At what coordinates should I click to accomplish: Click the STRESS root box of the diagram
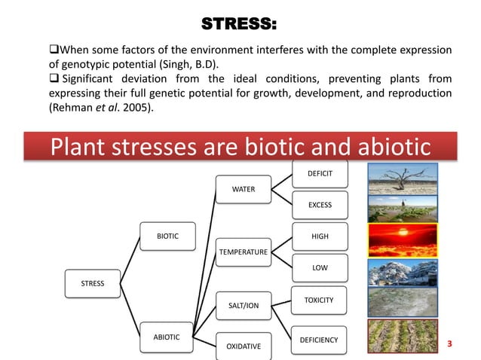pos(93,283)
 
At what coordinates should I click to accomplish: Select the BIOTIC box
pos(167,236)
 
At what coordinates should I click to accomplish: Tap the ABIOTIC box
pos(167,337)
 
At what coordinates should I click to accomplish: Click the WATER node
pos(243,189)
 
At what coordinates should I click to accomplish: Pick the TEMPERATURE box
pos(243,250)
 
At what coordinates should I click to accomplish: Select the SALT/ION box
pos(243,305)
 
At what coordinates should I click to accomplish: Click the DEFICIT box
pos(320,174)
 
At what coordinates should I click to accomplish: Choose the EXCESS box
pos(320,205)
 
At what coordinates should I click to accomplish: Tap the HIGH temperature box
pos(320,236)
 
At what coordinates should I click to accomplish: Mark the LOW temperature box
pos(320,268)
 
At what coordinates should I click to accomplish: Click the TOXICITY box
pos(320,300)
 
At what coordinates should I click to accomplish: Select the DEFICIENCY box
pos(320,340)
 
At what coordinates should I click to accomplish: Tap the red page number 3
pos(449,344)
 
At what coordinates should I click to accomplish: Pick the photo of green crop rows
pos(398,336)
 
